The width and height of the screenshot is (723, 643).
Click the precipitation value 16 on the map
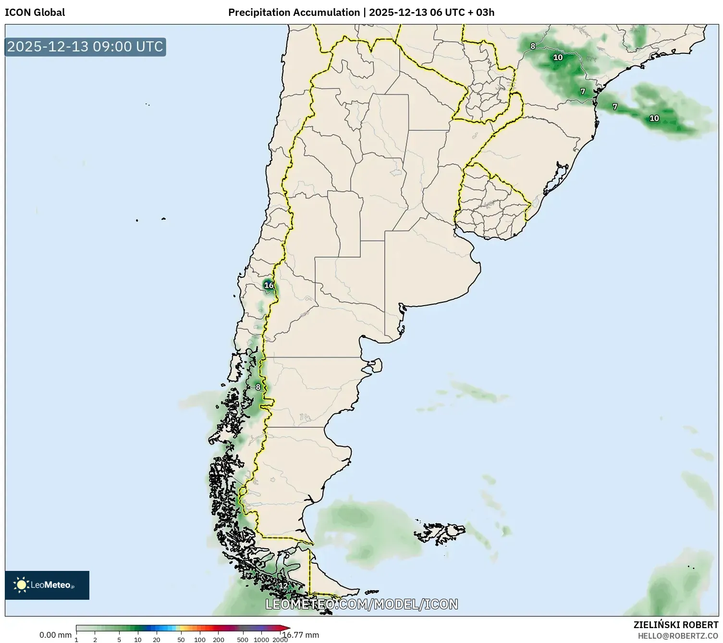coord(269,285)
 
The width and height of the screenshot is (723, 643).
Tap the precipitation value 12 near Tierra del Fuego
coord(283,586)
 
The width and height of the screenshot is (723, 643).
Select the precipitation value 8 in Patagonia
coord(258,387)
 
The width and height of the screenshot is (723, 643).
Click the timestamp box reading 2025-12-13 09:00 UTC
coord(86,47)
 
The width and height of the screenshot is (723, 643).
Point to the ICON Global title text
coord(35,12)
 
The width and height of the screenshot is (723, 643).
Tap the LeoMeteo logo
coord(47,585)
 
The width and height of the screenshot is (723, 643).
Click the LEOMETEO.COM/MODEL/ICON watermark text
coord(361,604)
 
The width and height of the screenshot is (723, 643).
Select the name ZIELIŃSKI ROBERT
coord(676,625)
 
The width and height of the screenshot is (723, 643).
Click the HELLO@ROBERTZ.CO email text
coord(678,636)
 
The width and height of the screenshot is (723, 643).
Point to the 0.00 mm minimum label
coord(55,635)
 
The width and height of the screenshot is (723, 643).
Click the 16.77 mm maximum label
coord(301,635)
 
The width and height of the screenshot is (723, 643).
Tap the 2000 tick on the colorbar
coord(280,640)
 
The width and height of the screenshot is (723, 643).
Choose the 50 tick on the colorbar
coord(181,640)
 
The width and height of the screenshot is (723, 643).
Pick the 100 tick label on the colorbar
coord(199,640)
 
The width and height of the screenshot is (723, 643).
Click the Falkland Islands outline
coord(440,532)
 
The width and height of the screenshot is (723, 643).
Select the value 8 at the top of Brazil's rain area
coord(532,46)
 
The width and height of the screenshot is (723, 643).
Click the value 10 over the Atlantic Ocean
coord(654,118)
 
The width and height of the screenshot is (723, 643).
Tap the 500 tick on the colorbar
coord(243,640)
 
